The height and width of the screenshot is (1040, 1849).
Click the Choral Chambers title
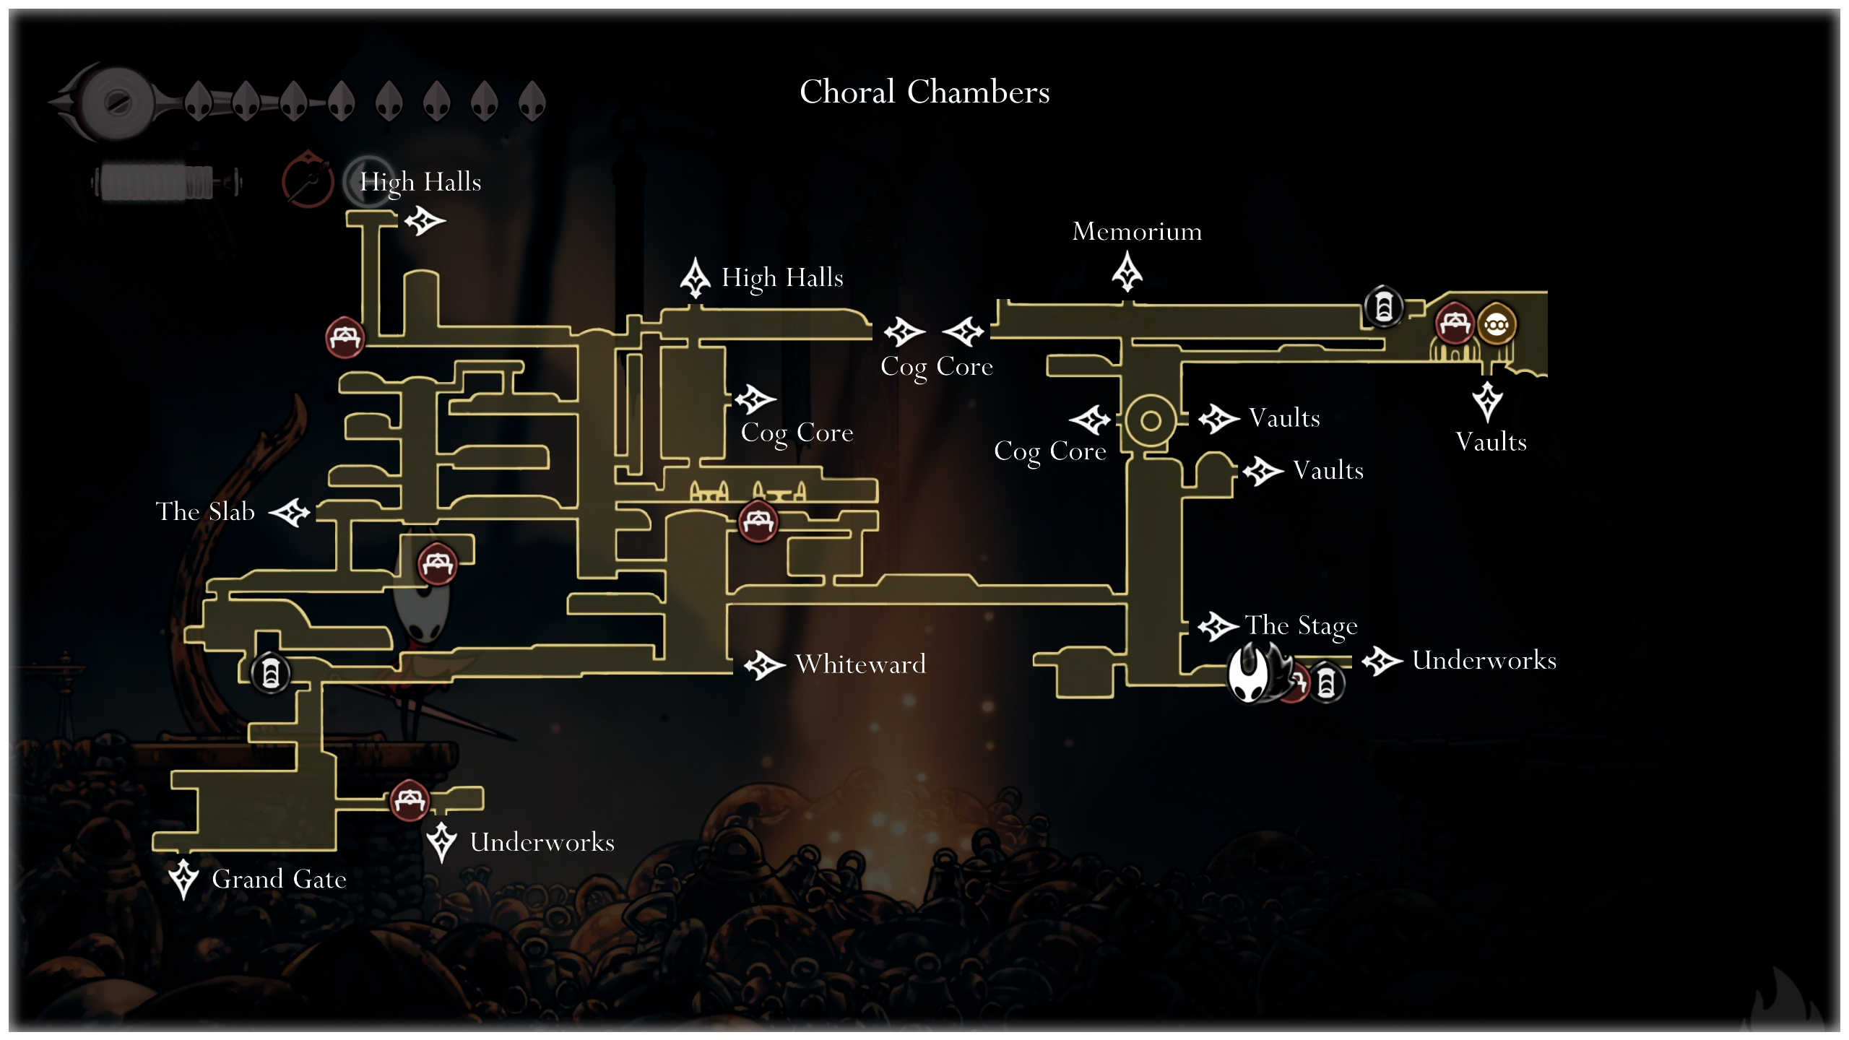(x=924, y=92)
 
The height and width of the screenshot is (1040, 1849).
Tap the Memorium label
(x=1137, y=231)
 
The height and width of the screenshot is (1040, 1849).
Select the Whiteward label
(x=860, y=664)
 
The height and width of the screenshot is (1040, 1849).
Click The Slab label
(x=205, y=511)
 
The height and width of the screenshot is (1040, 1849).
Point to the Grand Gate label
(x=279, y=879)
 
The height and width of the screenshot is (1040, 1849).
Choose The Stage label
(x=1301, y=625)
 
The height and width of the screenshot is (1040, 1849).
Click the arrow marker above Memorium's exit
(x=1127, y=272)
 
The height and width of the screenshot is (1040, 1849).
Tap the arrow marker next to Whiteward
(x=764, y=664)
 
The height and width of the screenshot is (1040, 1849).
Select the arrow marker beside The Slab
(x=290, y=513)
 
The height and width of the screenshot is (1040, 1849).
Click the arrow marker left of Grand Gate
(x=183, y=878)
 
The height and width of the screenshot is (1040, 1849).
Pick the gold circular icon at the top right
(x=1497, y=325)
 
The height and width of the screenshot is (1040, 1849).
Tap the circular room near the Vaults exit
(x=1151, y=420)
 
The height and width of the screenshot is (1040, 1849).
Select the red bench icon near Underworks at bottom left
(x=410, y=800)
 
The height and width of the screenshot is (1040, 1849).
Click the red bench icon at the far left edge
(x=345, y=337)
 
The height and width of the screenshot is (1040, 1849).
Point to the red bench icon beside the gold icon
(x=1454, y=323)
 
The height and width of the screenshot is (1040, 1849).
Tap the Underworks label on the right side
(x=1484, y=660)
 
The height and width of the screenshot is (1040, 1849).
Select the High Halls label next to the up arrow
(x=782, y=277)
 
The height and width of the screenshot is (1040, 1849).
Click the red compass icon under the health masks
(x=308, y=179)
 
